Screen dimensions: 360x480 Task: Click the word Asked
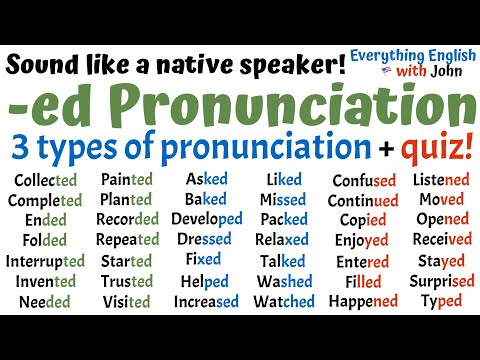[207, 180]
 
